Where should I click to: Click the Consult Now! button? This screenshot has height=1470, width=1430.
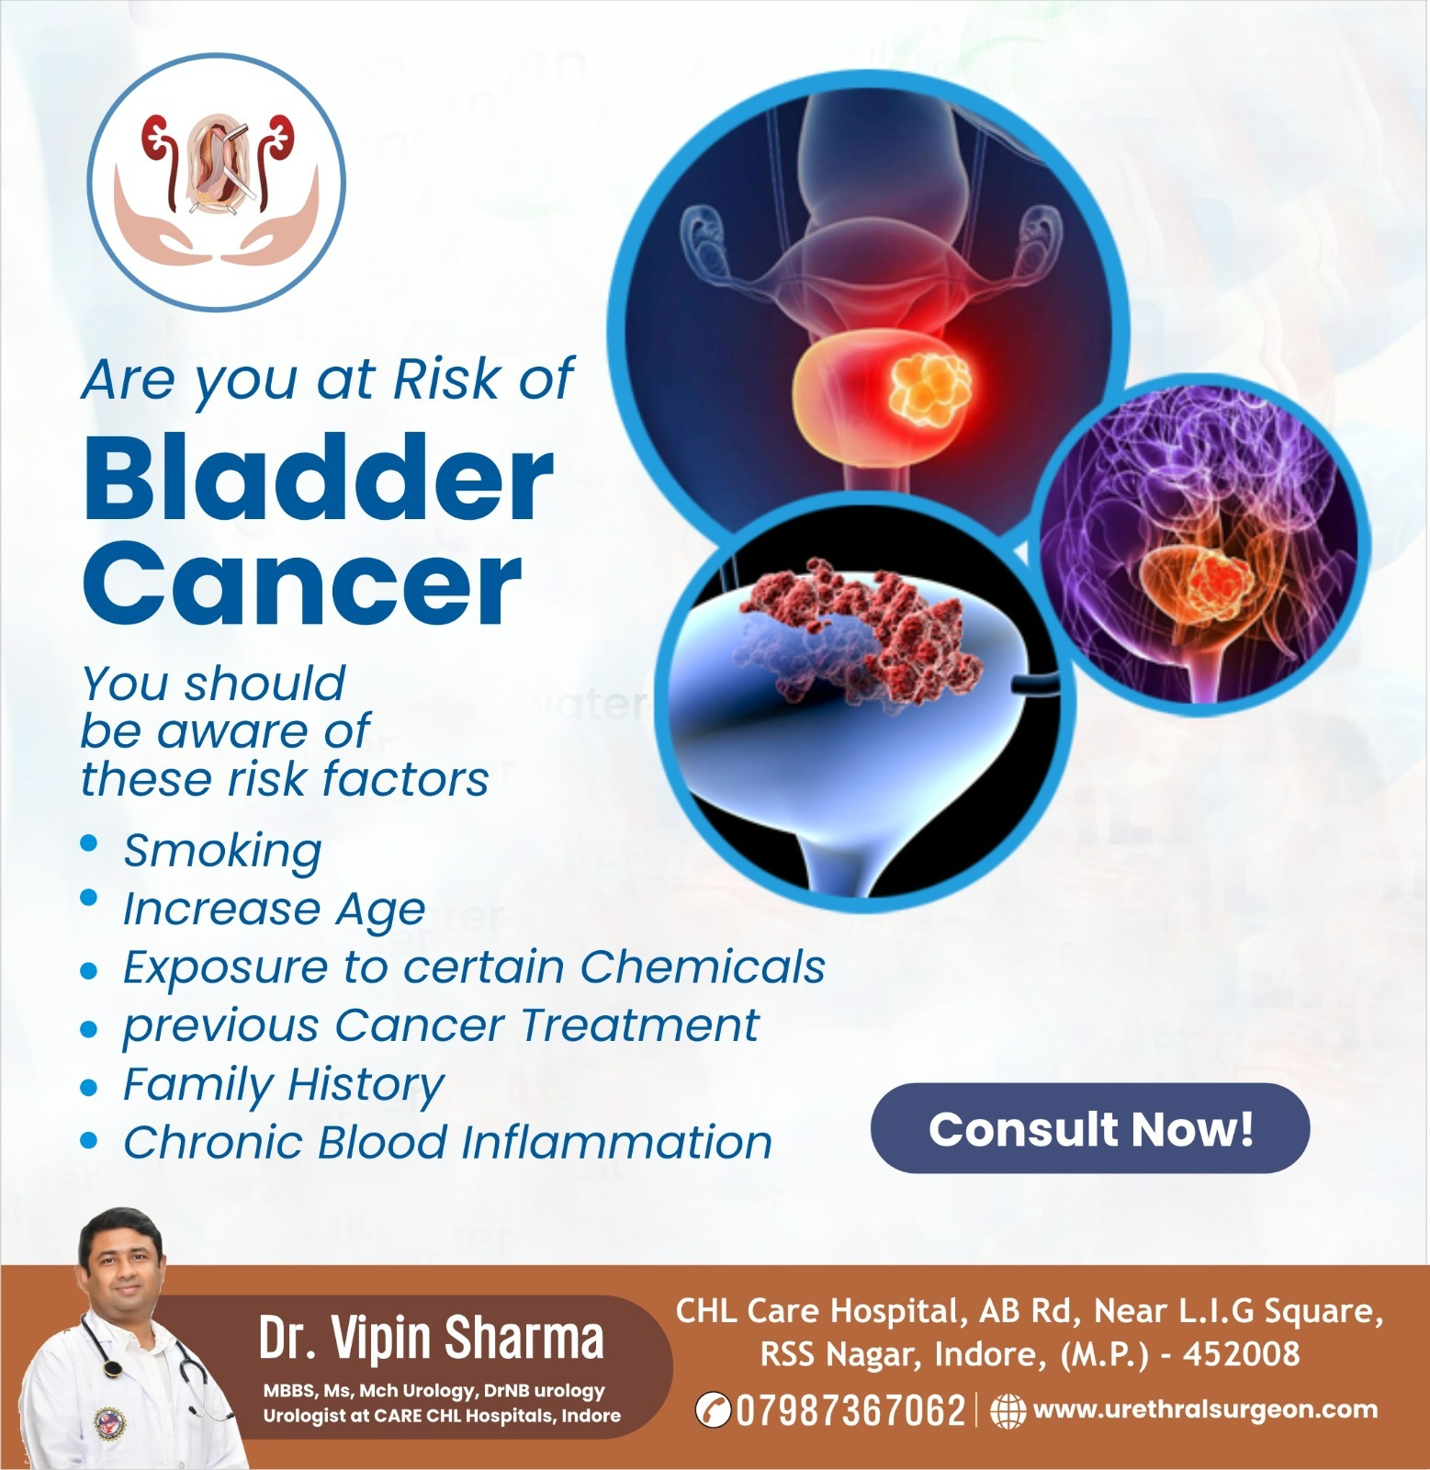click(1089, 1128)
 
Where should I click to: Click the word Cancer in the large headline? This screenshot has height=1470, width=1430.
click(302, 582)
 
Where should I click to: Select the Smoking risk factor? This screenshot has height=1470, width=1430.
click(222, 852)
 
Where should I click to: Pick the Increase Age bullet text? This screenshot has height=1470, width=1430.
click(274, 910)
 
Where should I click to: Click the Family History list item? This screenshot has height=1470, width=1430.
click(284, 1085)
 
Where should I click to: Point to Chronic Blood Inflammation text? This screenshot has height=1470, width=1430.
click(447, 1142)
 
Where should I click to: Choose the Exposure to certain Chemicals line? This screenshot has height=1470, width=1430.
click(474, 967)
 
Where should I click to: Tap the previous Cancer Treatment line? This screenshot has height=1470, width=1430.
click(441, 1025)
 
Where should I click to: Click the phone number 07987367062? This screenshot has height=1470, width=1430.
click(850, 1410)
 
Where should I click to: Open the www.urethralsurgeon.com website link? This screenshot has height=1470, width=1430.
click(1205, 1409)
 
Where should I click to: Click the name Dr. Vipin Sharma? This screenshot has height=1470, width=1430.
click(432, 1338)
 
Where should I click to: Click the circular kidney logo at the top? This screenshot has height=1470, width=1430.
click(217, 181)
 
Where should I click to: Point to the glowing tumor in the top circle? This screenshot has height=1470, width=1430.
click(929, 390)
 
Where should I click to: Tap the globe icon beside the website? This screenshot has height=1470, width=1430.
click(1008, 1411)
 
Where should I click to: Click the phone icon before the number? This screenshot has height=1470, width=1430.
click(713, 1410)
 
